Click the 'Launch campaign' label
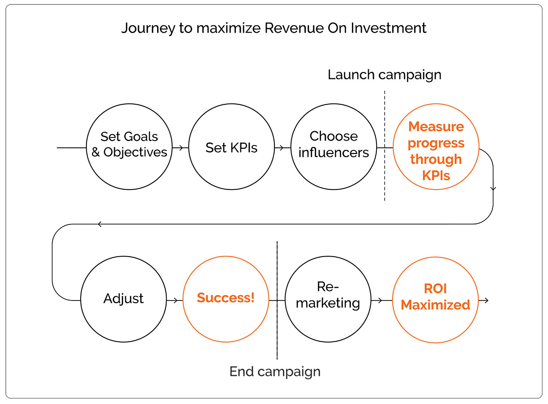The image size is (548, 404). click(384, 75)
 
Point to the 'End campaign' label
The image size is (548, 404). click(275, 372)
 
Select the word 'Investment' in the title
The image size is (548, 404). click(389, 28)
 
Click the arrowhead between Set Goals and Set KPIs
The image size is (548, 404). click(181, 148)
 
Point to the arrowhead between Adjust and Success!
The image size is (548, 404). click(176, 301)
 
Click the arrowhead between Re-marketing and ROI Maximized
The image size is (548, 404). click(380, 301)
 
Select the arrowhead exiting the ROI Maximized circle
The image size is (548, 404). click(487, 301)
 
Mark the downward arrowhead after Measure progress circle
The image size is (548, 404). click(493, 189)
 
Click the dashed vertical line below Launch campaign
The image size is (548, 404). click(385, 146)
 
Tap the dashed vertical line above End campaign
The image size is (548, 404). click(277, 300)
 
